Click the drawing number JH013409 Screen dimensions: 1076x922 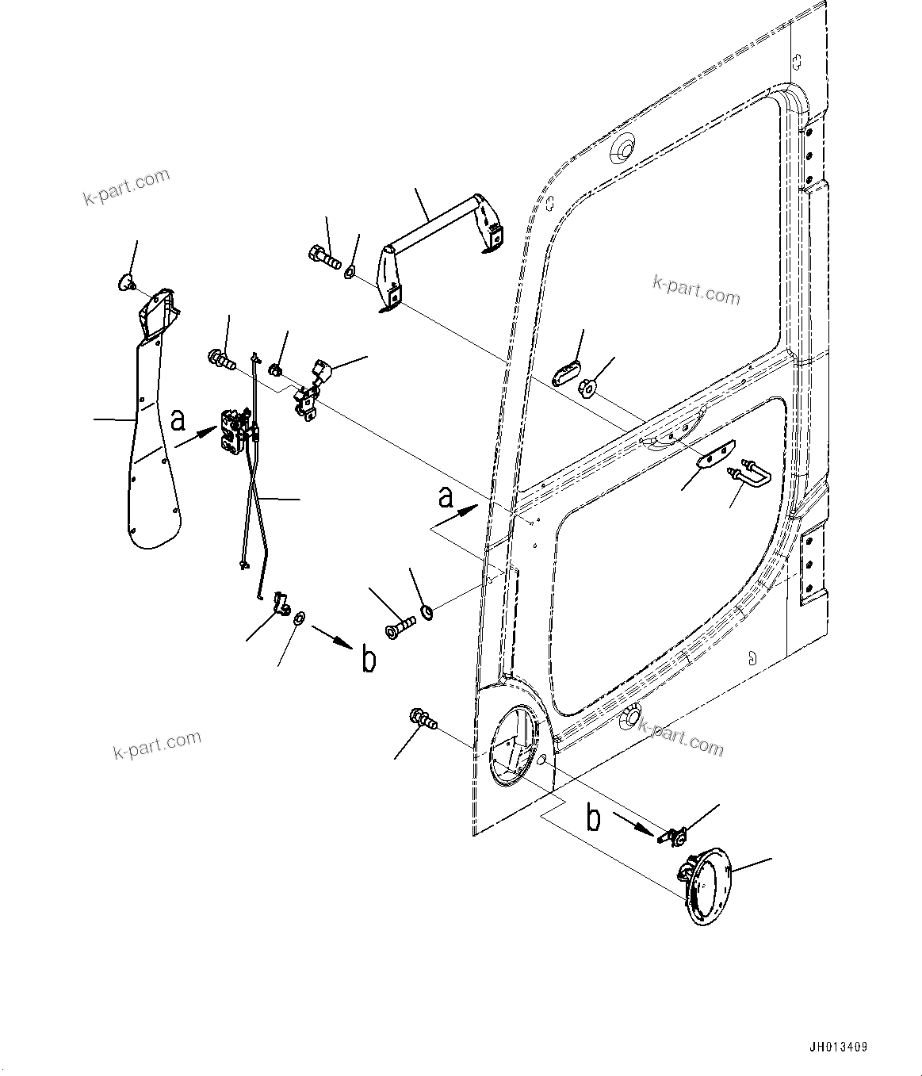coord(838,1047)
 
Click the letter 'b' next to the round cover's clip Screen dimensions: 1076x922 coord(593,818)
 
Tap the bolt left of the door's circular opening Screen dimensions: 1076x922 coord(423,720)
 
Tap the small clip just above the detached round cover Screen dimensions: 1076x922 coord(673,835)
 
